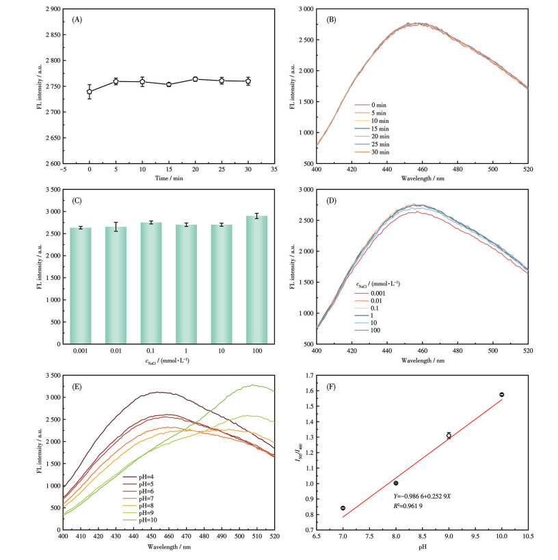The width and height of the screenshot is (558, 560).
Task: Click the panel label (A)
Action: (x=77, y=19)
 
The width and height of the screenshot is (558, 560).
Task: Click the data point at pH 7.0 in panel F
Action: (x=343, y=508)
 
